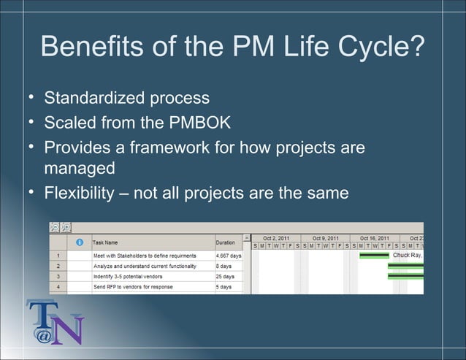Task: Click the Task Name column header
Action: click(105, 242)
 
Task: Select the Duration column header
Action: click(225, 242)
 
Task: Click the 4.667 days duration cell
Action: click(228, 256)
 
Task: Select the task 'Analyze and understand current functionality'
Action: click(144, 267)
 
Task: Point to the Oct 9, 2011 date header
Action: click(325, 238)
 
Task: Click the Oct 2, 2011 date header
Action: click(276, 238)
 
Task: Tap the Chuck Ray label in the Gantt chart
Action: click(408, 256)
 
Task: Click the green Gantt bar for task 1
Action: click(374, 256)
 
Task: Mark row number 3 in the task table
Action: click(58, 277)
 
